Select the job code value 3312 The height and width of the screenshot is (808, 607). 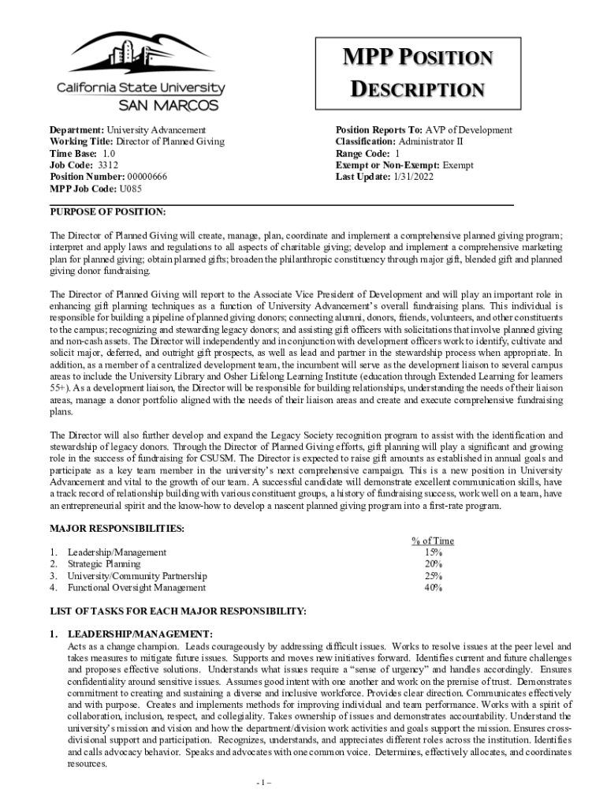[108, 165]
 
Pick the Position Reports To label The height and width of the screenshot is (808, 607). [378, 130]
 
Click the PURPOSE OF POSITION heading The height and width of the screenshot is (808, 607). [108, 212]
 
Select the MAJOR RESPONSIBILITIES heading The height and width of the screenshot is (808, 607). [117, 527]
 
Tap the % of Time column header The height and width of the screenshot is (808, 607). [433, 541]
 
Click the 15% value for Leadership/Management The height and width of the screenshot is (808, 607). [433, 552]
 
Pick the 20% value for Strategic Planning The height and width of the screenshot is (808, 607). [433, 564]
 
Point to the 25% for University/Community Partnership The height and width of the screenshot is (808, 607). [433, 576]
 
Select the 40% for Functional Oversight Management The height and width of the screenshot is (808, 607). [433, 588]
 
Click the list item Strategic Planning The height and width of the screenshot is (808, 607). [104, 564]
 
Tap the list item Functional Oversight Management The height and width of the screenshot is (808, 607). [136, 588]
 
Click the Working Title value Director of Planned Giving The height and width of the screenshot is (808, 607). [166, 142]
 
